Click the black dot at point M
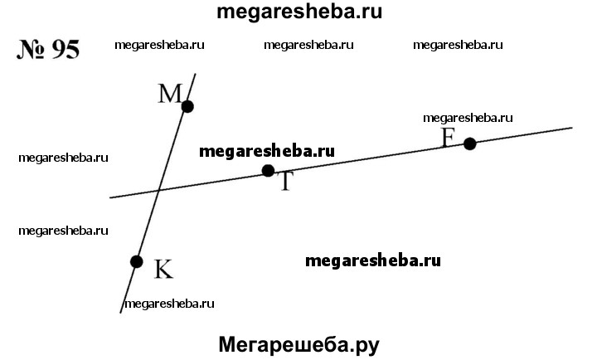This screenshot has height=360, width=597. point(187,106)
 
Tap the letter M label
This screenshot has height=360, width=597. point(169,94)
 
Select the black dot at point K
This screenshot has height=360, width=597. point(137,261)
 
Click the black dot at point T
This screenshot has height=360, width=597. point(268,171)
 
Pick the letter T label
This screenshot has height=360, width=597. point(285,182)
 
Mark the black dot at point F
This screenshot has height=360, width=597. point(470,144)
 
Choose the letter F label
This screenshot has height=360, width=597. point(449,137)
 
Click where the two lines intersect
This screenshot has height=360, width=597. point(159,190)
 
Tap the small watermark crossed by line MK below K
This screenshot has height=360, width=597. point(170,304)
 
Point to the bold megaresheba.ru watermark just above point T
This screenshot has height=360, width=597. point(267,151)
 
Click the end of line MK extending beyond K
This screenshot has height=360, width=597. point(122,312)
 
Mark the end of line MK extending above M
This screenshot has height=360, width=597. point(196,75)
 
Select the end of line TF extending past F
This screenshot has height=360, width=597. point(572,128)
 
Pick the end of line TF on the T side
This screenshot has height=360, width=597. point(111,197)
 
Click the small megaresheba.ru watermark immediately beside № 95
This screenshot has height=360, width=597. point(159,46)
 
